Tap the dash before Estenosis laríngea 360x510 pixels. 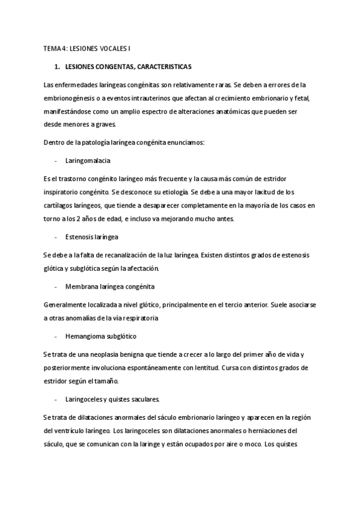pos(55,237)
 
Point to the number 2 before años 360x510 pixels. pos(80,219)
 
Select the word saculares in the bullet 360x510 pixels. pos(142,399)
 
